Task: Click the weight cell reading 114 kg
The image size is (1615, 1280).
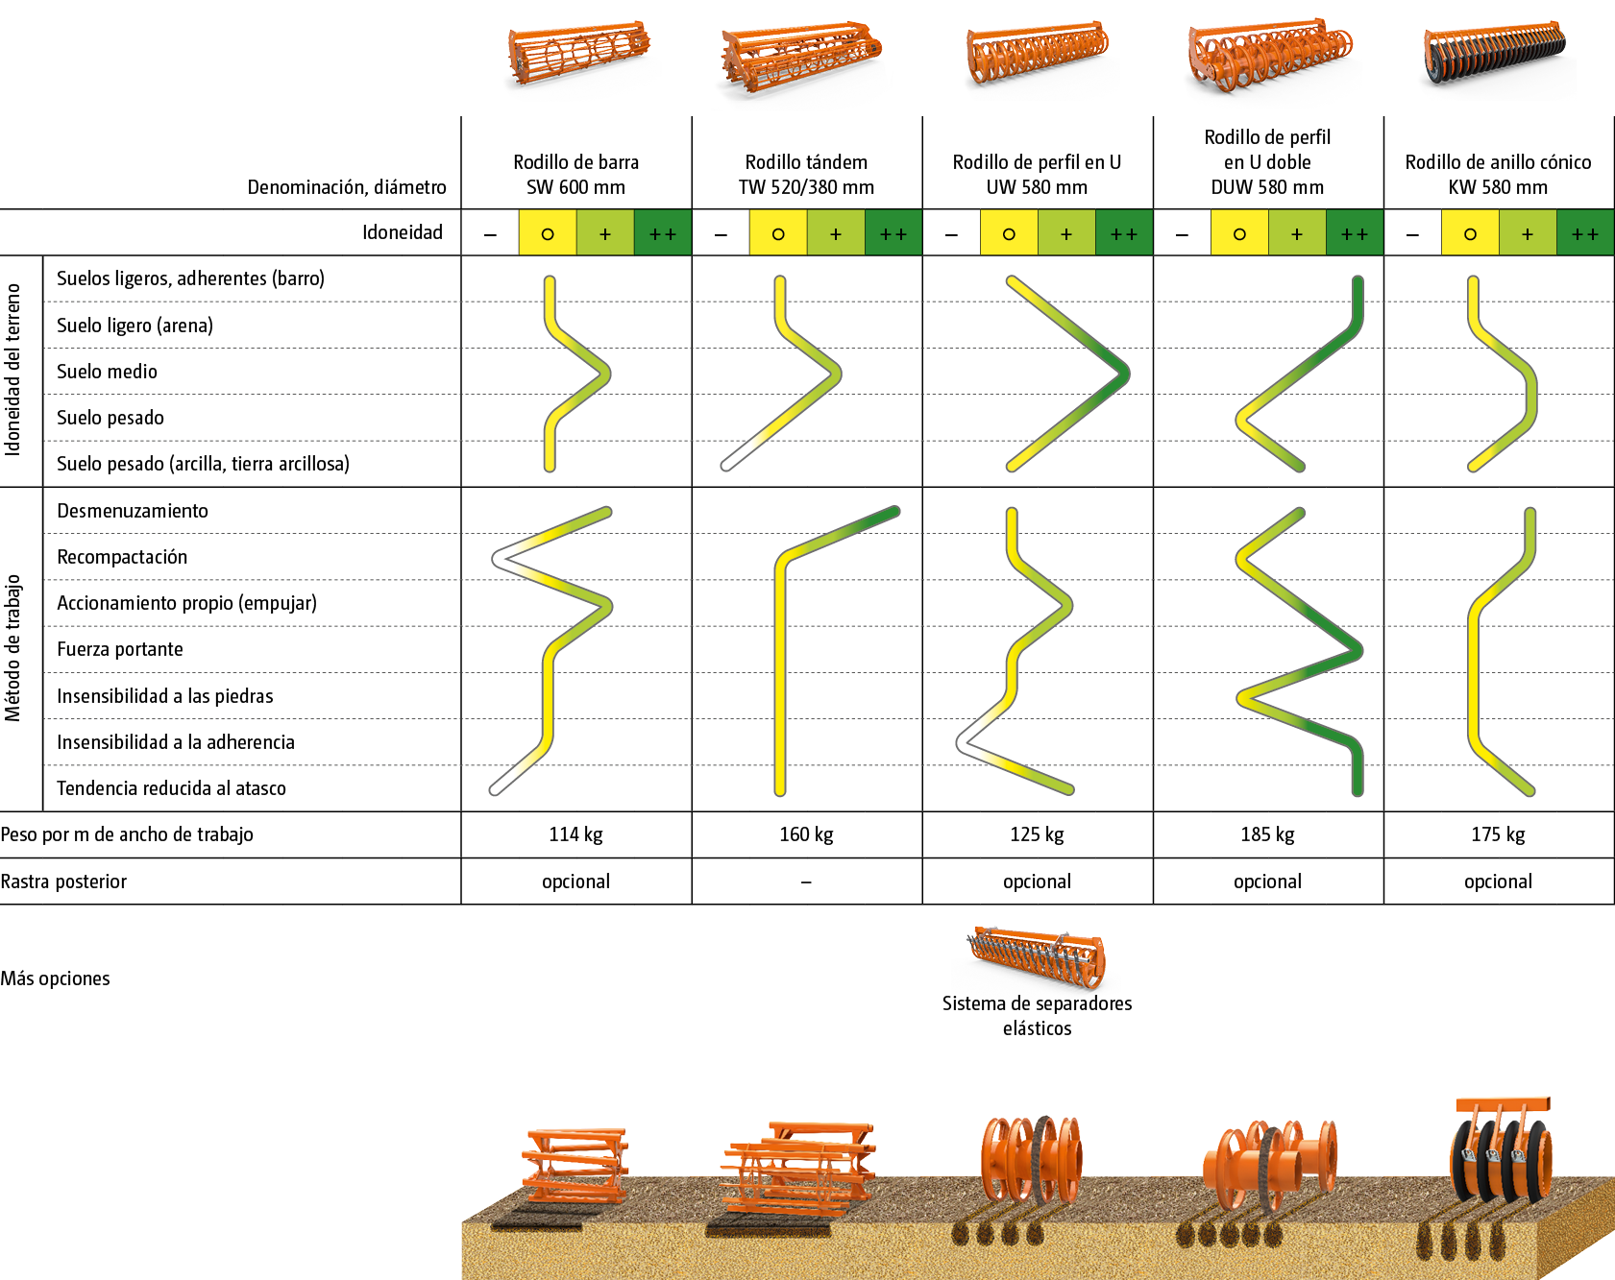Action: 575,834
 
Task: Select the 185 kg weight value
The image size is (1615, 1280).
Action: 1267,834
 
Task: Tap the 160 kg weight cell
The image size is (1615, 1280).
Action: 806,834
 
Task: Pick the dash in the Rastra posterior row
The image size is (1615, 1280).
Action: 806,882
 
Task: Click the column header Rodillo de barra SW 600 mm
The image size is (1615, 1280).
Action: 575,175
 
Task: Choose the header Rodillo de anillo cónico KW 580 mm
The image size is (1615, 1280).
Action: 1498,175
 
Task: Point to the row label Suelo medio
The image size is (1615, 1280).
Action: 107,372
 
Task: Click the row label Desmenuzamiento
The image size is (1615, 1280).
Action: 133,511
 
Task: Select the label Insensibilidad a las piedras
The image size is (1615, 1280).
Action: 164,696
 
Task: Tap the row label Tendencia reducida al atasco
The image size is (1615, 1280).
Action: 171,788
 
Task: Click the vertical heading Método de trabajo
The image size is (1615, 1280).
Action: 12,648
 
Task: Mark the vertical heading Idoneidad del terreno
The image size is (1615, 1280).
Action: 12,370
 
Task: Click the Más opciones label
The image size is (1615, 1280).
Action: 55,978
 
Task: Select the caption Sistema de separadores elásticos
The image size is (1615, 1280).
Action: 1037,1016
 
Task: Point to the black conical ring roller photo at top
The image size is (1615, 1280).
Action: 1497,60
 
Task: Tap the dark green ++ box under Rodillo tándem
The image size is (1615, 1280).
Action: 893,233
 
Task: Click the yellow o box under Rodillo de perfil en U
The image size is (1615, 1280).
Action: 1009,233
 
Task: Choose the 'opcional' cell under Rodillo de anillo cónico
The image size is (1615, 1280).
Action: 1498,882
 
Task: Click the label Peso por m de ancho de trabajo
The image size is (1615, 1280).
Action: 127,834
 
